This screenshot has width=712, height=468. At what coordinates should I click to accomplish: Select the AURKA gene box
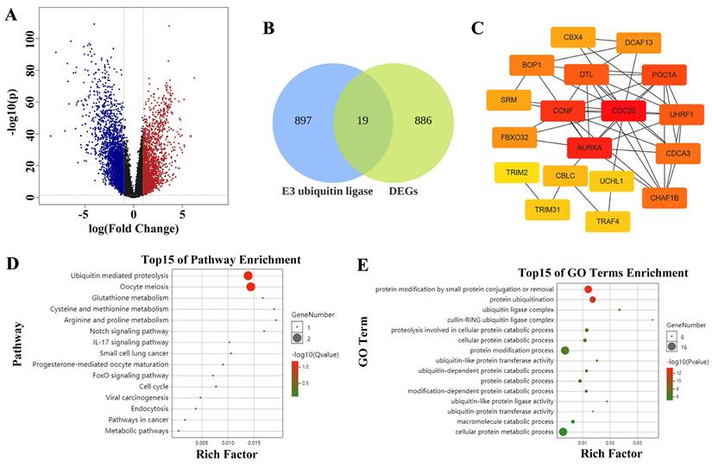589,148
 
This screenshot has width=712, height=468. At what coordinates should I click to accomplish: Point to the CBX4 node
573,38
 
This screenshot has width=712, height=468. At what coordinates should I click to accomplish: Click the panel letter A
12,15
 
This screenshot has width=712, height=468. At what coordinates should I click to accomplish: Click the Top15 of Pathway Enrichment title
220,259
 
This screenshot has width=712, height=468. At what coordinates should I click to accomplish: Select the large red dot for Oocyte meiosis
250,287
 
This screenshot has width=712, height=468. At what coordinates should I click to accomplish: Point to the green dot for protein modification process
565,350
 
